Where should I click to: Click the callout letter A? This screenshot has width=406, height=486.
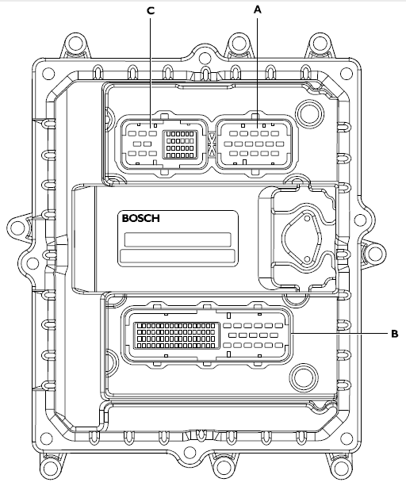click(x=258, y=10)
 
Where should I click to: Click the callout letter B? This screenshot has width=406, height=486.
click(x=394, y=334)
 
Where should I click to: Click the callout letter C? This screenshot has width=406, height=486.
click(x=151, y=11)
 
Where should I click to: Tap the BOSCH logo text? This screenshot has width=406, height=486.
click(x=141, y=218)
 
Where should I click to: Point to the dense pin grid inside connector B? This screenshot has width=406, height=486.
click(x=176, y=335)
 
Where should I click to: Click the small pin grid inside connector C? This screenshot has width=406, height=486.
click(x=180, y=144)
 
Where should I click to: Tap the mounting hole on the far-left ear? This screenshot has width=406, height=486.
click(x=16, y=228)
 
